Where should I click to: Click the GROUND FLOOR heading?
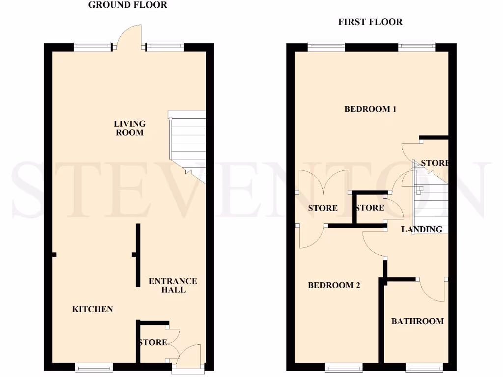[x=127, y=5]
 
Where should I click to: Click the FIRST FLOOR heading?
[x=370, y=22]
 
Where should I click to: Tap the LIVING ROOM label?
[x=130, y=128]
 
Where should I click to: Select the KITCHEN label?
[x=92, y=309]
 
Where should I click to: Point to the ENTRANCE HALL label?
[x=173, y=285]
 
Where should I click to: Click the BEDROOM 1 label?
[x=370, y=109]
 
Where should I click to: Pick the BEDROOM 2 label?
[x=334, y=285]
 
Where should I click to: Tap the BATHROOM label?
[x=417, y=322]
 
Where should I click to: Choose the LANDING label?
[x=421, y=229]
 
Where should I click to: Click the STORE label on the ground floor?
[x=153, y=342]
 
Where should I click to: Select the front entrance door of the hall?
[x=189, y=356]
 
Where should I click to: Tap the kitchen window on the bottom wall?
[x=94, y=367]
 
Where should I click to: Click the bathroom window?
[x=425, y=367]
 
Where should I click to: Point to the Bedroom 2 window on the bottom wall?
[x=343, y=367]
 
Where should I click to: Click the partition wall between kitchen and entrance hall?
[x=138, y=255]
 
